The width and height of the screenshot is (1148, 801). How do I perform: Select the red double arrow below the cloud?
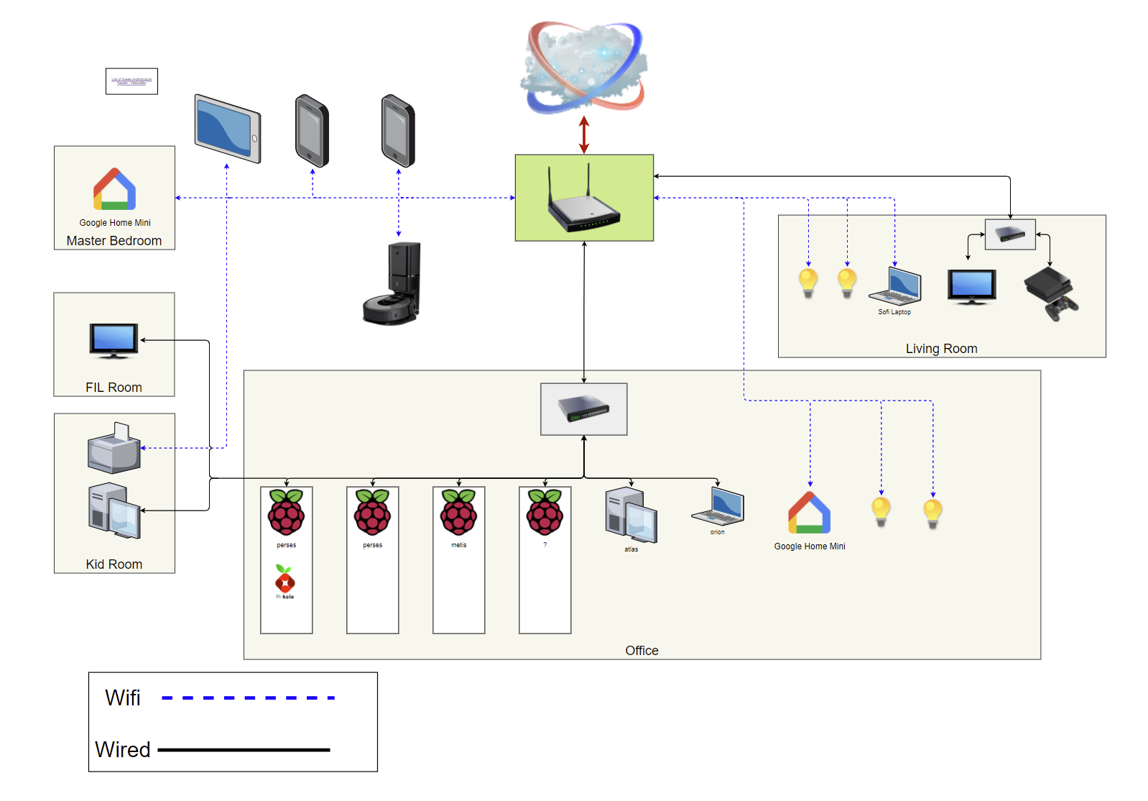click(x=584, y=134)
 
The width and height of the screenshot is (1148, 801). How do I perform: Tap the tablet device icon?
click(x=228, y=129)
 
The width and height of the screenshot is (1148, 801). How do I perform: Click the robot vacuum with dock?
click(x=392, y=285)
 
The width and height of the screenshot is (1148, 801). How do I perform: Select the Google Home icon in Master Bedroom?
click(x=114, y=189)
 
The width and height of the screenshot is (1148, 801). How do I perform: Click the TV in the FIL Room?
click(x=114, y=340)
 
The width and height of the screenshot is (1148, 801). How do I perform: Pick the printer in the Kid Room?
click(x=114, y=448)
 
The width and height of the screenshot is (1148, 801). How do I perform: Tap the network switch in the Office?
click(x=583, y=408)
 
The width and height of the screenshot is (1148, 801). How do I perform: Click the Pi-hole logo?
click(x=285, y=580)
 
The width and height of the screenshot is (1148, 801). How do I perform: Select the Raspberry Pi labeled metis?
click(x=458, y=512)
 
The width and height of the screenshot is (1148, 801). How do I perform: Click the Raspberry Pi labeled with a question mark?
click(x=545, y=512)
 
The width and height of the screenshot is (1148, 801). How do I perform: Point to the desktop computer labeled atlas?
click(x=631, y=515)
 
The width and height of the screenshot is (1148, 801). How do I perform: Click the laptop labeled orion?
click(x=718, y=506)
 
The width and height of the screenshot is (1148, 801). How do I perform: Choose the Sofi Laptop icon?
click(x=895, y=286)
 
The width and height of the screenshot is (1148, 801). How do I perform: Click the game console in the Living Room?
click(x=1050, y=293)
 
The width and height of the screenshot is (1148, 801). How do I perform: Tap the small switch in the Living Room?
click(x=1010, y=234)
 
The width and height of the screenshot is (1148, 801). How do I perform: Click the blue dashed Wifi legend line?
click(x=248, y=697)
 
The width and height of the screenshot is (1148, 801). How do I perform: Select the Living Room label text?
click(x=941, y=349)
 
